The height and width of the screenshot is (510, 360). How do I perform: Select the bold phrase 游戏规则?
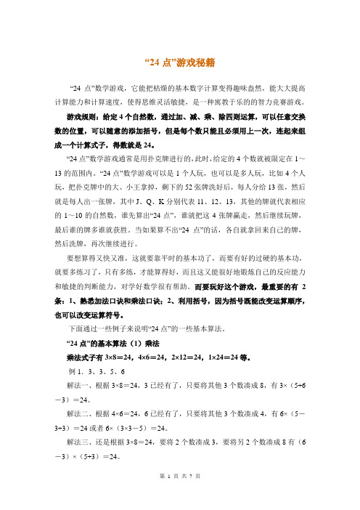81,116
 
